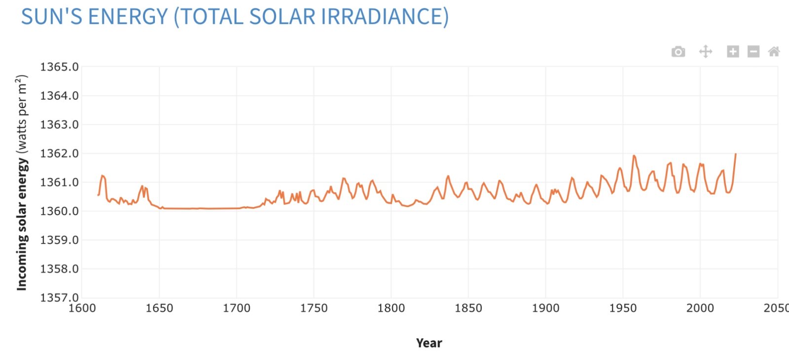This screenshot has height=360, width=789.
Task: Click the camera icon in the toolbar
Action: coord(678,51)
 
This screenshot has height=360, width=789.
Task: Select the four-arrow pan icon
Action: coord(706,51)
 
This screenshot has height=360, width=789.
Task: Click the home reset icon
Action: coord(774,51)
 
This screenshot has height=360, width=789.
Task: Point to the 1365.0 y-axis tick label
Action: coord(59,67)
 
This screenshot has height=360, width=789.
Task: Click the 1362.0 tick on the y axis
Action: coord(59,153)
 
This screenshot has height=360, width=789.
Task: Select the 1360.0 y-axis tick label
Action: coord(59,211)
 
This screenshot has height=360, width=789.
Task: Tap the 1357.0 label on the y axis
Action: coord(59,297)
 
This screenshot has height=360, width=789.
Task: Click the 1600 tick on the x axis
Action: coord(82,308)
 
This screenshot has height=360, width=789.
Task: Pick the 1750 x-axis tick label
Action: coord(314,308)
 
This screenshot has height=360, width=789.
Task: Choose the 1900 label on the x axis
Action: coord(545,308)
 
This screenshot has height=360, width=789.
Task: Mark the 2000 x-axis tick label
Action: coord(700,308)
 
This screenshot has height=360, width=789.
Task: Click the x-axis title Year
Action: coord(429,343)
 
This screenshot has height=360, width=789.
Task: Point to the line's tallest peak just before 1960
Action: coord(634,156)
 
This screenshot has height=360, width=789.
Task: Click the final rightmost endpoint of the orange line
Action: coord(736,154)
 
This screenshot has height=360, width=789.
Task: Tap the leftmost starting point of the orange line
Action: coord(98,195)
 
